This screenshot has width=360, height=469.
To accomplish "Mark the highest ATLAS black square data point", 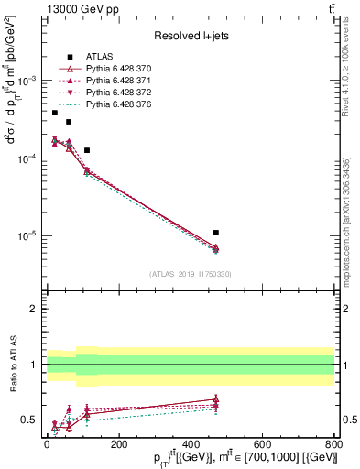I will coord(55,113).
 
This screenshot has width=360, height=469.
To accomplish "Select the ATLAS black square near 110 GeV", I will coord(87,150).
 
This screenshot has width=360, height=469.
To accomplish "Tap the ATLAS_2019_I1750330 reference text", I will coord(191,274).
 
